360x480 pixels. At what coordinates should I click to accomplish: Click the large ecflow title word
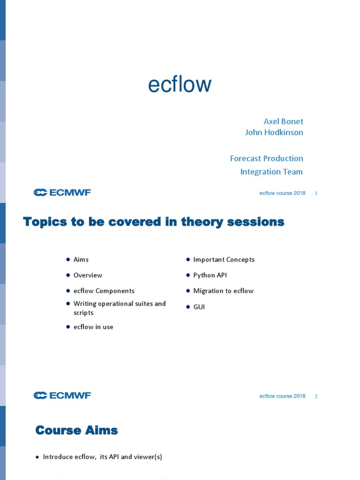click(x=180, y=85)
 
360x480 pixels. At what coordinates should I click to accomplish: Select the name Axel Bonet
click(x=283, y=121)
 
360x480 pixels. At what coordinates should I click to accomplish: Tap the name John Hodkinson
click(x=274, y=132)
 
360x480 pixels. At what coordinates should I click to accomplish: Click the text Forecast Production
click(x=266, y=158)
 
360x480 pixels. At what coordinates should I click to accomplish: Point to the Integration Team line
click(x=271, y=172)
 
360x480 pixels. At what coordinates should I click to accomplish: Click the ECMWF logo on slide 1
click(x=62, y=193)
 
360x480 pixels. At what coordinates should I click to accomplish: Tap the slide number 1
click(x=316, y=193)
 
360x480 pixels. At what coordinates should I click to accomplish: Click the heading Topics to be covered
click(x=154, y=222)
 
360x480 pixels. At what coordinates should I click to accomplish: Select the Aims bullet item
click(x=81, y=260)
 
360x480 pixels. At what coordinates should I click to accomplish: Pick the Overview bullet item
click(x=88, y=275)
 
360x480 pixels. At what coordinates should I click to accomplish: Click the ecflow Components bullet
click(x=104, y=291)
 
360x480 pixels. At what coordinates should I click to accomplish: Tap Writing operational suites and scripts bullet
click(x=119, y=308)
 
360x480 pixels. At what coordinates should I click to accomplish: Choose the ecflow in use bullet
click(x=93, y=327)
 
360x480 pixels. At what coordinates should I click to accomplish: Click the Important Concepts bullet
click(x=224, y=260)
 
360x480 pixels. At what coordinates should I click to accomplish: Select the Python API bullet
click(x=210, y=275)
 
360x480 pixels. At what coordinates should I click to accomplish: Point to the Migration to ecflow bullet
click(x=223, y=291)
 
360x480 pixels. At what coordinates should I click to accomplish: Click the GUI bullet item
click(x=199, y=307)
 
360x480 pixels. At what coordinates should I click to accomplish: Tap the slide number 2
click(x=316, y=396)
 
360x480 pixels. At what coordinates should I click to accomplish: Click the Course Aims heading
click(x=76, y=430)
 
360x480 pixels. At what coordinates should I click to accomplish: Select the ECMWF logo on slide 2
click(x=62, y=396)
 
